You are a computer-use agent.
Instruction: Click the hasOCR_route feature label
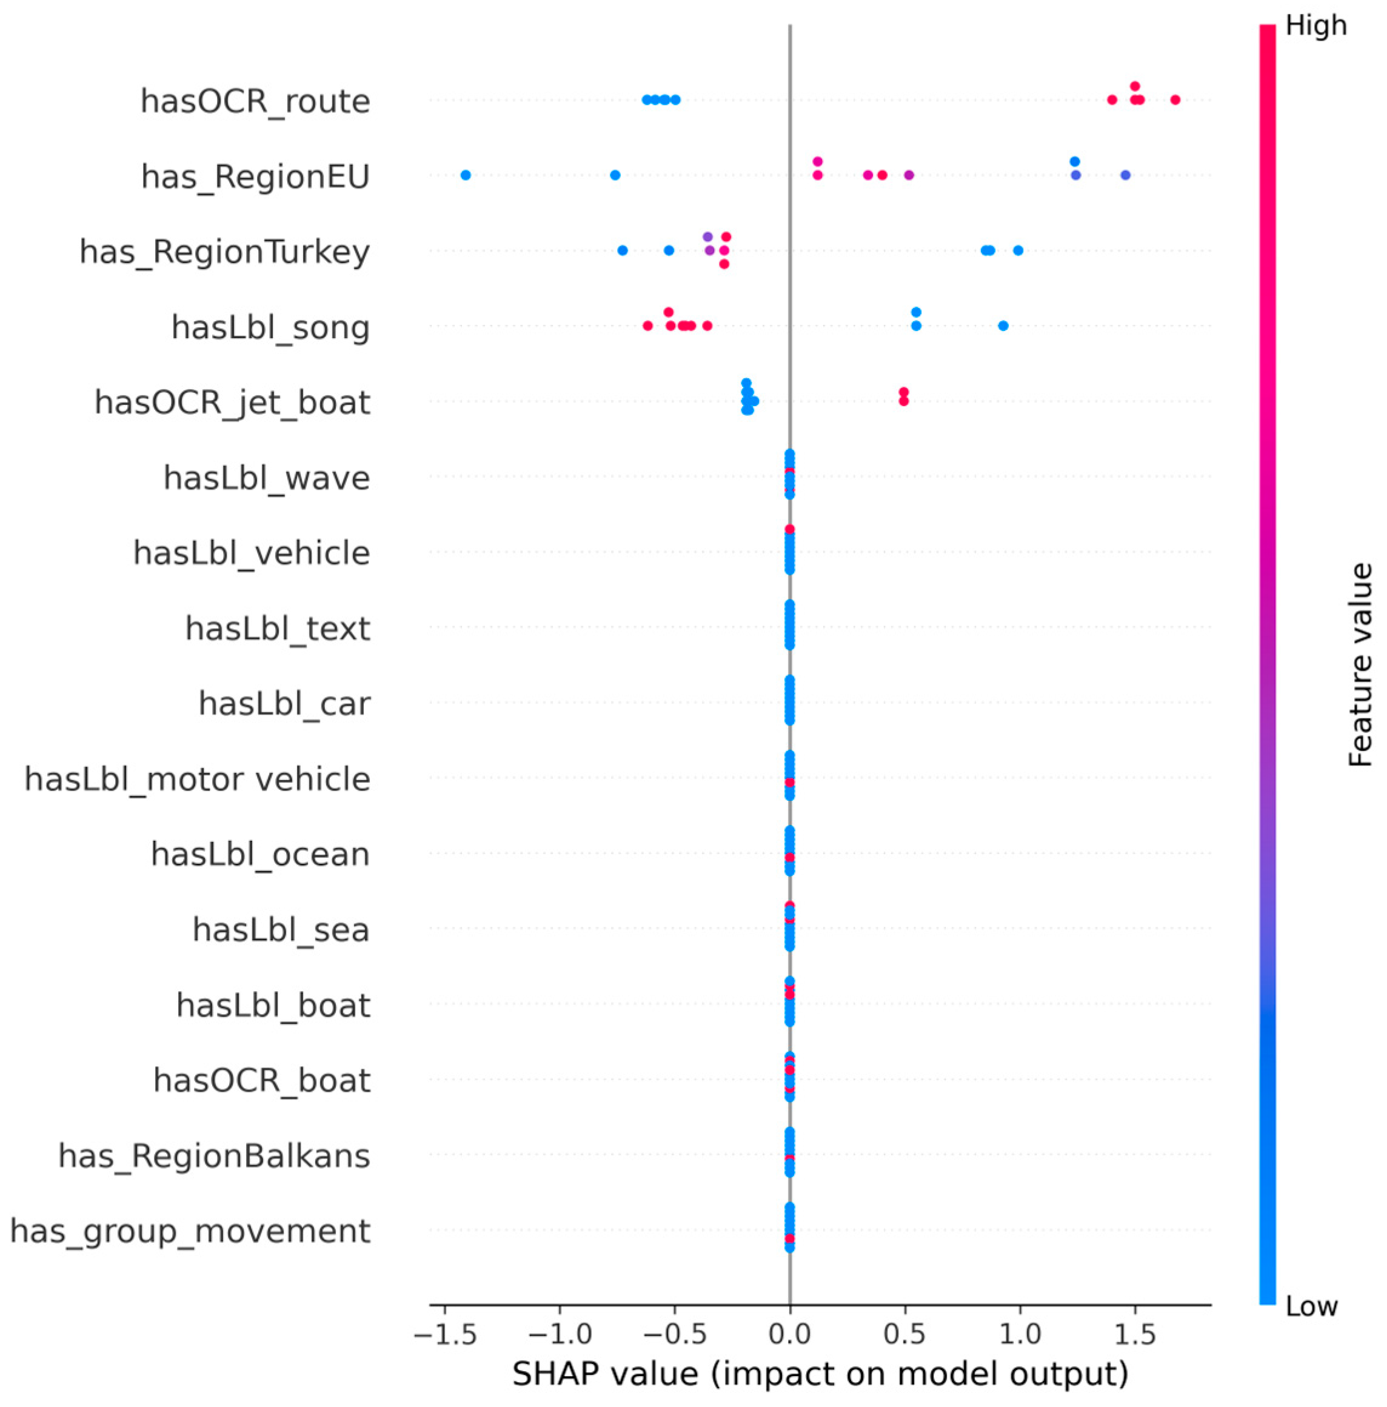[255, 101]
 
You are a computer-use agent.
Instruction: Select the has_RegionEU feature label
[256, 177]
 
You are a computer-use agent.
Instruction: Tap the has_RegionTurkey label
[224, 252]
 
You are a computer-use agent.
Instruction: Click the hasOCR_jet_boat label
[232, 403]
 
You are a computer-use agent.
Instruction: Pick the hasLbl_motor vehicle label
[197, 779]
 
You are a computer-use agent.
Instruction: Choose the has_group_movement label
[190, 1231]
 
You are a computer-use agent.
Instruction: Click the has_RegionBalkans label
[214, 1156]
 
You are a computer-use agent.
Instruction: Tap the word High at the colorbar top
[1315, 26]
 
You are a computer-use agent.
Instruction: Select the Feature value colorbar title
[1359, 665]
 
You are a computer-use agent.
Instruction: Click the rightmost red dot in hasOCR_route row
[1174, 100]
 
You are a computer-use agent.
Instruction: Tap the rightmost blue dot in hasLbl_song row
[1003, 326]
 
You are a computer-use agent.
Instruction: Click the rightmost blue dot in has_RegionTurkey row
[1018, 250]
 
